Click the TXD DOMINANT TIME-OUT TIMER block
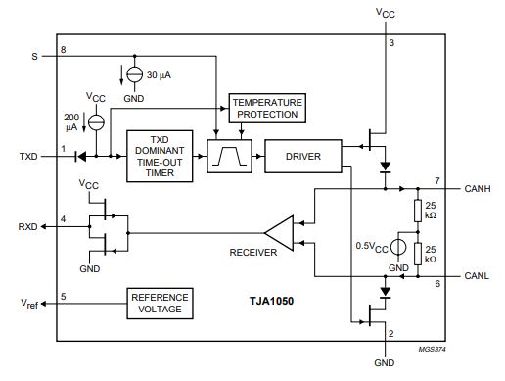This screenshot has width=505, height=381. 160,156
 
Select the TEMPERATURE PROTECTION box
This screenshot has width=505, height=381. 267,108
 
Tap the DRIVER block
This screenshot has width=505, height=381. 303,156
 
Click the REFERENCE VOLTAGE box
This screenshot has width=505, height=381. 160,304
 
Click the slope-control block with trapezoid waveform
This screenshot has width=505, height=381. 229,156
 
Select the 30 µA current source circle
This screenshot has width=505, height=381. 134,74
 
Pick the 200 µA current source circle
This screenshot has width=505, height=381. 96,122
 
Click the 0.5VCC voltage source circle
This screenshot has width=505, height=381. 398,247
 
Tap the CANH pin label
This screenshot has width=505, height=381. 478,189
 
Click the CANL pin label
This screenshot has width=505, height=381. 477,276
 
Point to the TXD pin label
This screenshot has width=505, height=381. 28,157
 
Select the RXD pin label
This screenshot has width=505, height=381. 27,226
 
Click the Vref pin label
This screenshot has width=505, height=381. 29,304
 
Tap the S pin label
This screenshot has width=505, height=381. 34,57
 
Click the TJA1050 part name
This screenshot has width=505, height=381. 271,301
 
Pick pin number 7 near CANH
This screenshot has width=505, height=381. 437,180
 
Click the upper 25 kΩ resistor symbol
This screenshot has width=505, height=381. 418,211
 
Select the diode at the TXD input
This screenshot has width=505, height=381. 80,157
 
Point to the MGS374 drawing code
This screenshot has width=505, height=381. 433,349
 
